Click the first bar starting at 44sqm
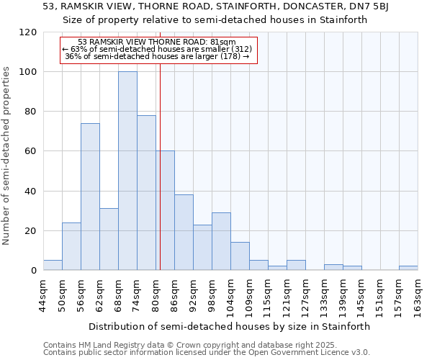(53, 265)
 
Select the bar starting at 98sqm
(221, 241)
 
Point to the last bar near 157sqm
(408, 268)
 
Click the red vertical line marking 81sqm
(160, 180)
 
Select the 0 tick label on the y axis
(33, 271)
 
